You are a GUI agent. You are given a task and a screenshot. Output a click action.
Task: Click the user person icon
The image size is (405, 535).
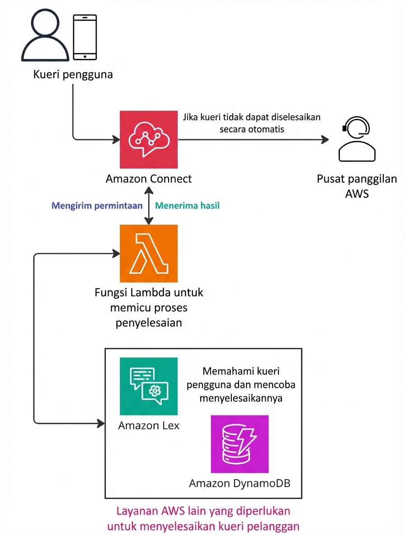point(41,37)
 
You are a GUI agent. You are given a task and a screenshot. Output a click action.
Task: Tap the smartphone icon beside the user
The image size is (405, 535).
point(85,37)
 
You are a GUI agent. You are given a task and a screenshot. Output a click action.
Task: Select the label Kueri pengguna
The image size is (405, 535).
point(73,74)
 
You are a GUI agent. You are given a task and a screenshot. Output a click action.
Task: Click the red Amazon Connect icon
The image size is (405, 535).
point(149,140)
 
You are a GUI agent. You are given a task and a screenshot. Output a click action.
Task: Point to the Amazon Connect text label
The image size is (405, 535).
point(149,179)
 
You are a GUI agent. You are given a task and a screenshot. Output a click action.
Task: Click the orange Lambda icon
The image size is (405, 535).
point(149,253)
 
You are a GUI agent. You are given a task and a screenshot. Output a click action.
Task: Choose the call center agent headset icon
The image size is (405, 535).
point(357,140)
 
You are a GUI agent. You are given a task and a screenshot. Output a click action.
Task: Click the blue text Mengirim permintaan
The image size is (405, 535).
point(97,206)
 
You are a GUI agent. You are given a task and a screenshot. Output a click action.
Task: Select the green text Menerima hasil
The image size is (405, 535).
point(187,206)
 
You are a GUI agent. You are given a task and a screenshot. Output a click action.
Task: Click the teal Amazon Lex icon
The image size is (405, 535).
point(149,386)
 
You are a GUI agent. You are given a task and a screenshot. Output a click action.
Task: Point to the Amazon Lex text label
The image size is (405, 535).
point(149,426)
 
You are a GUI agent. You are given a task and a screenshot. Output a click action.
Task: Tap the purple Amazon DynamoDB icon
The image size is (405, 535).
point(240,444)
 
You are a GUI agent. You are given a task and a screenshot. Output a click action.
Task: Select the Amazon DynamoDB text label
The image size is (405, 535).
point(240,483)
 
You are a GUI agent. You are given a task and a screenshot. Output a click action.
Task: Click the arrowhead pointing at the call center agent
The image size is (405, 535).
point(325,140)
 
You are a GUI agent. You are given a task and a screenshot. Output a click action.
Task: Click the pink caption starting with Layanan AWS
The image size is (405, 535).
point(203,518)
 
